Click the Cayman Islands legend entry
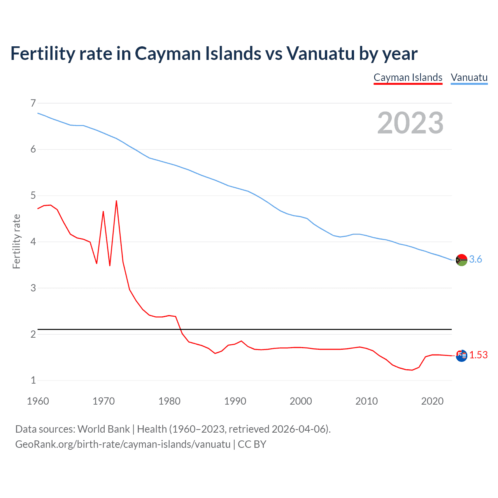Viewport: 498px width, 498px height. click(408, 77)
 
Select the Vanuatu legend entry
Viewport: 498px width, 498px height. click(469, 77)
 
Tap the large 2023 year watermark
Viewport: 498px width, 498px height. click(410, 123)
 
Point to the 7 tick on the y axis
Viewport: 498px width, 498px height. click(33, 103)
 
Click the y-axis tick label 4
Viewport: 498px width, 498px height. click(33, 242)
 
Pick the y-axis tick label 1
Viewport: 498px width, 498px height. click(33, 380)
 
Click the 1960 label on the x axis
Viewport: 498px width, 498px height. click(38, 401)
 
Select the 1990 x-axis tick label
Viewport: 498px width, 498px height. click(235, 401)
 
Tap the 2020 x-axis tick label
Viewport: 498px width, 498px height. click(432, 401)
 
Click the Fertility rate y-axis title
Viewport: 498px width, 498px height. click(16, 241)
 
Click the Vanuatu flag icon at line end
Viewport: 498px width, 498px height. click(461, 260)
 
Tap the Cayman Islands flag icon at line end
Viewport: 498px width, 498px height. click(461, 355)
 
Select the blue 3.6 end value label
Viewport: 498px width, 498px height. click(475, 260)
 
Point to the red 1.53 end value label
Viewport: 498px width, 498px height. click(478, 355)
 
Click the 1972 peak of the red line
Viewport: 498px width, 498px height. click(116, 201)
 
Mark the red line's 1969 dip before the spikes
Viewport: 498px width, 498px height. click(96, 263)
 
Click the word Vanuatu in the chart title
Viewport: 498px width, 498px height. click(320, 53)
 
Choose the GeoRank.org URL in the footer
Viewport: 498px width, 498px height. click(123, 444)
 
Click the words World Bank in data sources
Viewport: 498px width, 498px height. click(103, 429)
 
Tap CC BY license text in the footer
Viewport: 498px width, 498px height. click(252, 444)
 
